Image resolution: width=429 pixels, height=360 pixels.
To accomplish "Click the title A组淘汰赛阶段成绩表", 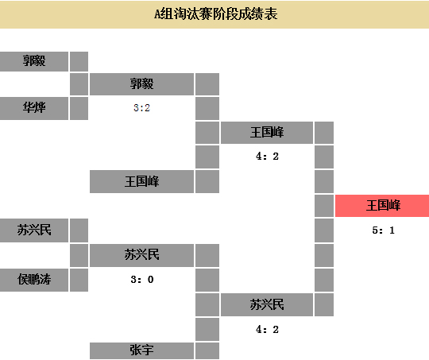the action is click(x=216, y=14).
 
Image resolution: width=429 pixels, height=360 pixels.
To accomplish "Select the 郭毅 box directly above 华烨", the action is click(x=34, y=61).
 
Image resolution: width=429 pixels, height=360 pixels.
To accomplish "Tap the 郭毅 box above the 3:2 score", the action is click(x=141, y=84).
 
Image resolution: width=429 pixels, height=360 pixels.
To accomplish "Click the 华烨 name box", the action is click(x=34, y=108).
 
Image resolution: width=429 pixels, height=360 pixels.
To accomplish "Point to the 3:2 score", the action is click(x=141, y=108).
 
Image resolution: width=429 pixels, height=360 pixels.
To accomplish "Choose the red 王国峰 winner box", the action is click(x=382, y=206).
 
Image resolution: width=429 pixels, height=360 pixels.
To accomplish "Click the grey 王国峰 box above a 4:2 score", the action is click(x=267, y=133).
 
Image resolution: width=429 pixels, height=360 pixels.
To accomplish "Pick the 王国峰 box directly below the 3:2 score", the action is click(x=141, y=181).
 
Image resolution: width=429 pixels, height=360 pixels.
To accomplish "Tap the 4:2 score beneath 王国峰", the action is click(x=267, y=157).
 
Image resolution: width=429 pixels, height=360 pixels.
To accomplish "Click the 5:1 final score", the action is click(x=383, y=230).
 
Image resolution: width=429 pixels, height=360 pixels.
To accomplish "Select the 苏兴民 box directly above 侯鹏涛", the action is click(x=34, y=230).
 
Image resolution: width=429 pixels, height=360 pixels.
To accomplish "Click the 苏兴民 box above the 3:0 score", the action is click(x=141, y=255).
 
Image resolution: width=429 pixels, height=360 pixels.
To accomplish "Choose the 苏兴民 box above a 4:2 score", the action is click(x=267, y=304).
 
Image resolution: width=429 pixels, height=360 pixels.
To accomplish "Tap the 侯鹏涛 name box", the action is click(x=34, y=280).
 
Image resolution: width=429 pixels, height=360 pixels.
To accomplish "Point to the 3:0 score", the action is click(x=142, y=280).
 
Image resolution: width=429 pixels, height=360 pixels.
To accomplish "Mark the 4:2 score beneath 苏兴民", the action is click(x=267, y=329).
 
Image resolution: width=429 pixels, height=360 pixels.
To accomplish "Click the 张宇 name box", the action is click(x=141, y=350).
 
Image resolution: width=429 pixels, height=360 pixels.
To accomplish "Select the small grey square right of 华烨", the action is click(x=79, y=108).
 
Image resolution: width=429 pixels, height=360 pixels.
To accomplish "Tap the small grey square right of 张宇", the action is click(x=207, y=350).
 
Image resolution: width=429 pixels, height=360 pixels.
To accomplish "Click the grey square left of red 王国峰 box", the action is click(x=324, y=206).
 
